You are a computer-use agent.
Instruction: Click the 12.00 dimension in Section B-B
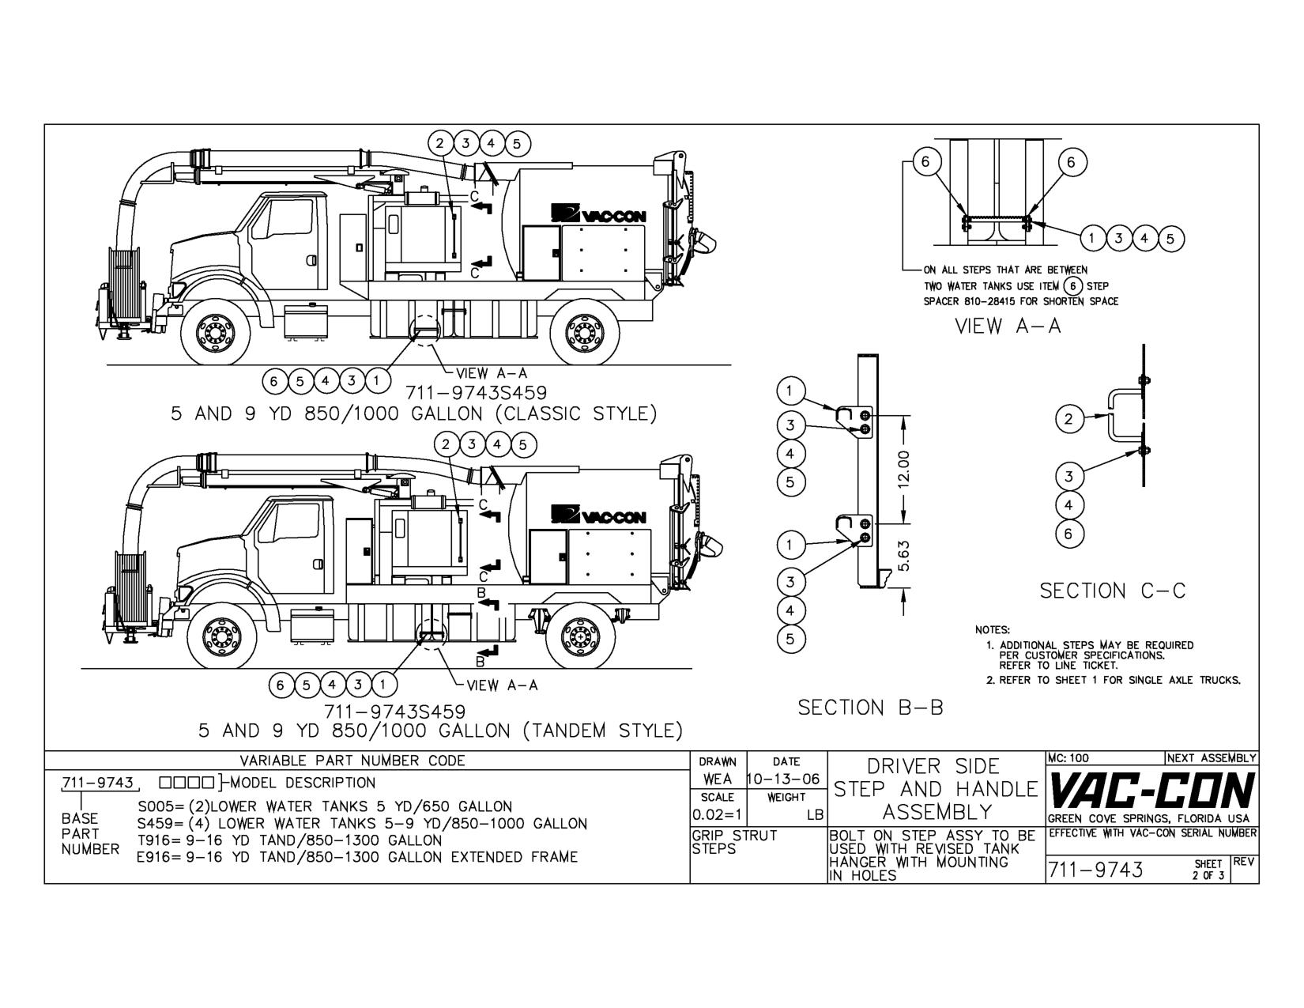tap(906, 470)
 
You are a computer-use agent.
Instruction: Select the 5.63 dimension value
tap(906, 556)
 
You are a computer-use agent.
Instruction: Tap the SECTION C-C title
tap(1113, 591)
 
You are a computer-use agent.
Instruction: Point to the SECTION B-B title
tap(870, 708)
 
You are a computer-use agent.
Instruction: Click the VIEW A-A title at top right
tap(1008, 326)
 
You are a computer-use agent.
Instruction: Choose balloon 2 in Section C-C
tap(1068, 419)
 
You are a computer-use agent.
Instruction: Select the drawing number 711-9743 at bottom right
tap(1095, 870)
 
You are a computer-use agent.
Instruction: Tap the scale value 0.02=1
tap(717, 814)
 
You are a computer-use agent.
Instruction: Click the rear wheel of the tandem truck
tap(581, 637)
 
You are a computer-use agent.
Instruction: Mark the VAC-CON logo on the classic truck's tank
tap(599, 214)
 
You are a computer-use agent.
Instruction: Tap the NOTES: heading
tap(993, 630)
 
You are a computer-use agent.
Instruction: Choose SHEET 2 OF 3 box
tap(1209, 870)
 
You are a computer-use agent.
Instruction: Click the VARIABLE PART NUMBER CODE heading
tap(352, 761)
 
